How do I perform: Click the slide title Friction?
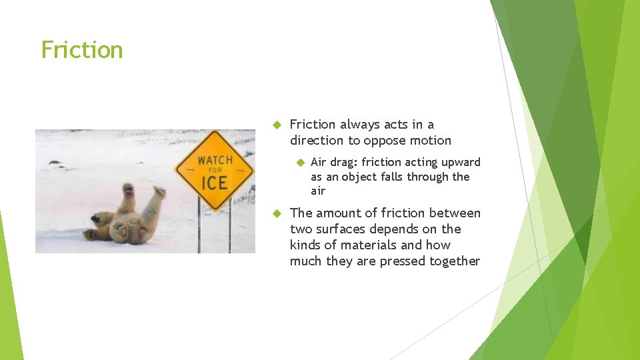click(x=82, y=50)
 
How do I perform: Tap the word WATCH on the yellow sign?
click(x=215, y=160)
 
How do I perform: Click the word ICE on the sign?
click(x=215, y=182)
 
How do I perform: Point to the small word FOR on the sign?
click(x=215, y=171)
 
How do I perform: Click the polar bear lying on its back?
click(x=127, y=217)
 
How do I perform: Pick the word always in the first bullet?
click(x=362, y=125)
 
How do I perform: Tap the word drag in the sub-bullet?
click(x=342, y=162)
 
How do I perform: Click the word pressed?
click(x=401, y=261)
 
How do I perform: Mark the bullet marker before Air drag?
click(x=300, y=162)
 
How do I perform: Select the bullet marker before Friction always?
click(x=279, y=125)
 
